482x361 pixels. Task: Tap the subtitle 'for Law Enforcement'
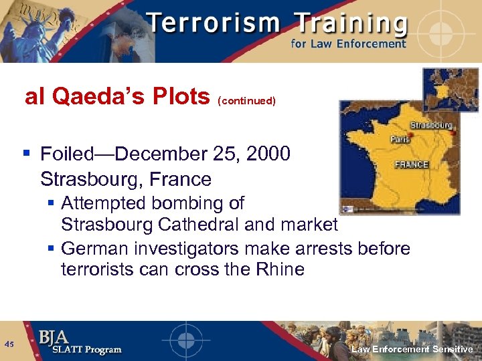[x=348, y=44]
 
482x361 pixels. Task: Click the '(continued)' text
[x=246, y=101]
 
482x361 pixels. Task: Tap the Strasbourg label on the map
[x=430, y=125]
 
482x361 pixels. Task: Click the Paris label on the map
[x=400, y=140]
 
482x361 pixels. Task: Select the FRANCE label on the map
[x=412, y=164]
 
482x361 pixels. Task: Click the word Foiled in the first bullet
[x=68, y=154]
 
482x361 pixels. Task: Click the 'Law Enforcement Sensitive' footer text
[x=412, y=350]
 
